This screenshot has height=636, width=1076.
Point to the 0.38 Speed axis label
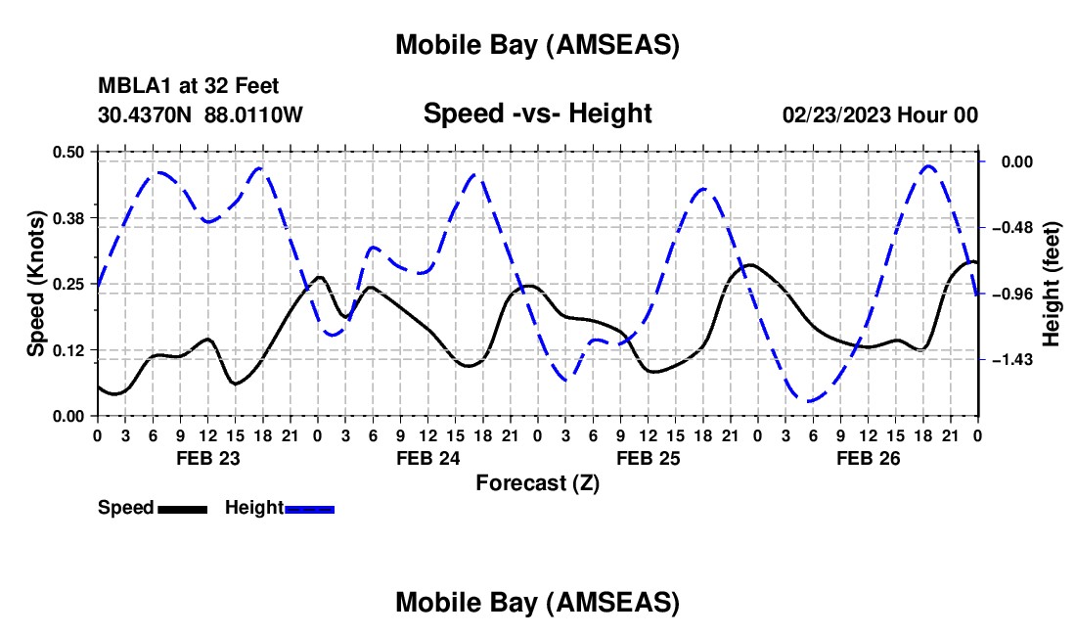pos(70,217)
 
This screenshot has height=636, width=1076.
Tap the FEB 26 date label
pos(867,458)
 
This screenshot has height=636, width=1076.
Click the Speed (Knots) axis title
pos(37,284)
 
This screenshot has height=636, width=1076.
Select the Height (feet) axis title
pos(1053,284)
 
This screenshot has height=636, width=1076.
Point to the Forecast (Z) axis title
pos(537,482)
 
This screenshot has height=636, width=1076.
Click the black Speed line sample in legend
pos(182,508)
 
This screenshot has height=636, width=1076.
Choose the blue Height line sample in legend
pos(309,508)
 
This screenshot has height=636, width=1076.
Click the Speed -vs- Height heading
pos(537,114)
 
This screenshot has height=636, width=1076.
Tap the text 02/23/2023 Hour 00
pos(880,114)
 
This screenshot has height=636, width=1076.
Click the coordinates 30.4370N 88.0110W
pos(201,114)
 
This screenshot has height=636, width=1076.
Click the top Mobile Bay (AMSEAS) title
pos(537,44)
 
